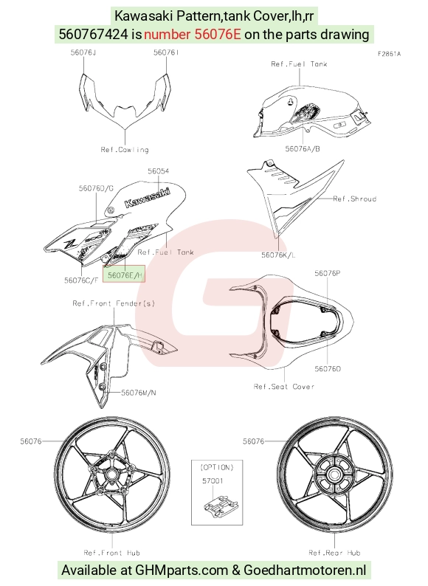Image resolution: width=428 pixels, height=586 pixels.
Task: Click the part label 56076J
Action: point(83,52)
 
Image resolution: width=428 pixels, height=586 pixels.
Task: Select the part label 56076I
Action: point(166,52)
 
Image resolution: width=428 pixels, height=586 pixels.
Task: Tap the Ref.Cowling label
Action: point(125,150)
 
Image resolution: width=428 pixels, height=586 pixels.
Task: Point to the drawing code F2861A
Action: point(389,54)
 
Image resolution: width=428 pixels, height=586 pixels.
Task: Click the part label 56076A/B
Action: point(303,149)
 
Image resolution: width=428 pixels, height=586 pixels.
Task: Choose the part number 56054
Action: point(158,171)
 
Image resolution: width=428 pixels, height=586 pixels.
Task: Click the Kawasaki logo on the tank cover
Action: point(147,197)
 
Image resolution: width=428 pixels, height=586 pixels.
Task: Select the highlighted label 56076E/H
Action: point(124,275)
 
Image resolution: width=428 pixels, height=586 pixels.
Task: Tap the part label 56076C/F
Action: point(81,280)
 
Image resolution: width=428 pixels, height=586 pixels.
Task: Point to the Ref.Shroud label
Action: point(354,199)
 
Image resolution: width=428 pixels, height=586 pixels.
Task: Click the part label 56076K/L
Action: point(278,255)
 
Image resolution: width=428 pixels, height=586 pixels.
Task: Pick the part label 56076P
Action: point(328,273)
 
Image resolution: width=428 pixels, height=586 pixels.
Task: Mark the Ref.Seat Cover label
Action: point(284,387)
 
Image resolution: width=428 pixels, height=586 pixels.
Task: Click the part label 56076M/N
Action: point(139,393)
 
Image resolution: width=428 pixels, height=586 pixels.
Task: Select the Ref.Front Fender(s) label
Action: point(114,303)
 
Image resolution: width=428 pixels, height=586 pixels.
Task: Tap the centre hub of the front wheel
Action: point(111,475)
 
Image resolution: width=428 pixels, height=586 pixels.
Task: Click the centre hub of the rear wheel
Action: point(334,475)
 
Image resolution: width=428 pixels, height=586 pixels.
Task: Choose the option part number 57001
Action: point(213,480)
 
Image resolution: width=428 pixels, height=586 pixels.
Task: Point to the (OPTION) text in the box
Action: point(217,467)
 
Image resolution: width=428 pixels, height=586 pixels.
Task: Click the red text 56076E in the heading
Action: point(218,35)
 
